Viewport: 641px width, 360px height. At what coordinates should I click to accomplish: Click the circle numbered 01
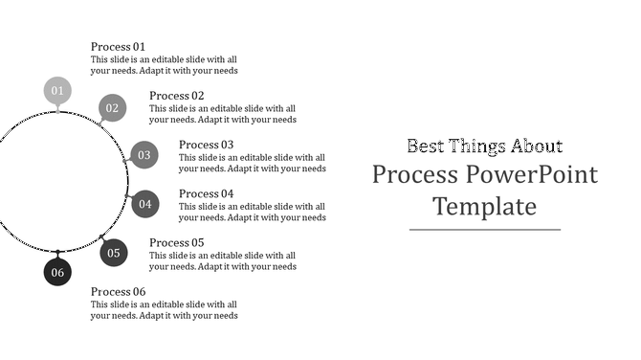point(57,91)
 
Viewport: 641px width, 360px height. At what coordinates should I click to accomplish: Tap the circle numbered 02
point(112,108)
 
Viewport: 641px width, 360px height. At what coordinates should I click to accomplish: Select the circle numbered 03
point(144,155)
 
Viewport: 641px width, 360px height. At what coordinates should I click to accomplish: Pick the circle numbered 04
point(144,204)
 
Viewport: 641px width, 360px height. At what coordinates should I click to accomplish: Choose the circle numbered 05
point(114,253)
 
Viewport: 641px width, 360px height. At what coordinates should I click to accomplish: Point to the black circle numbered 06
point(57,272)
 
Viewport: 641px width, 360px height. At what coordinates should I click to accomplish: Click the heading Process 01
point(119,46)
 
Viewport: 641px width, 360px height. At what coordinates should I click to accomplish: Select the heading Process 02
point(177,96)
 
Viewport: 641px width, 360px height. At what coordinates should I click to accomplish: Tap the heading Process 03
point(207,145)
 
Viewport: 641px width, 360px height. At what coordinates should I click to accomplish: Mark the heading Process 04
point(207,193)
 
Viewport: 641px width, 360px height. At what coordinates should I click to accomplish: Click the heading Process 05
point(177,243)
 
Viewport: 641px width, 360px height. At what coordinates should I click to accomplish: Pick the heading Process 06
point(119,292)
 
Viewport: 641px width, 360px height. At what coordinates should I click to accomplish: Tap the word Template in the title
point(484,206)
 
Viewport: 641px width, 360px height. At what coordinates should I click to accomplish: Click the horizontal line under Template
point(484,230)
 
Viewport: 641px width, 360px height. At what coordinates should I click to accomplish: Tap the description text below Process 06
point(164,310)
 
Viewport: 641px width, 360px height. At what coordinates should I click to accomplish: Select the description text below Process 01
point(164,64)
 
